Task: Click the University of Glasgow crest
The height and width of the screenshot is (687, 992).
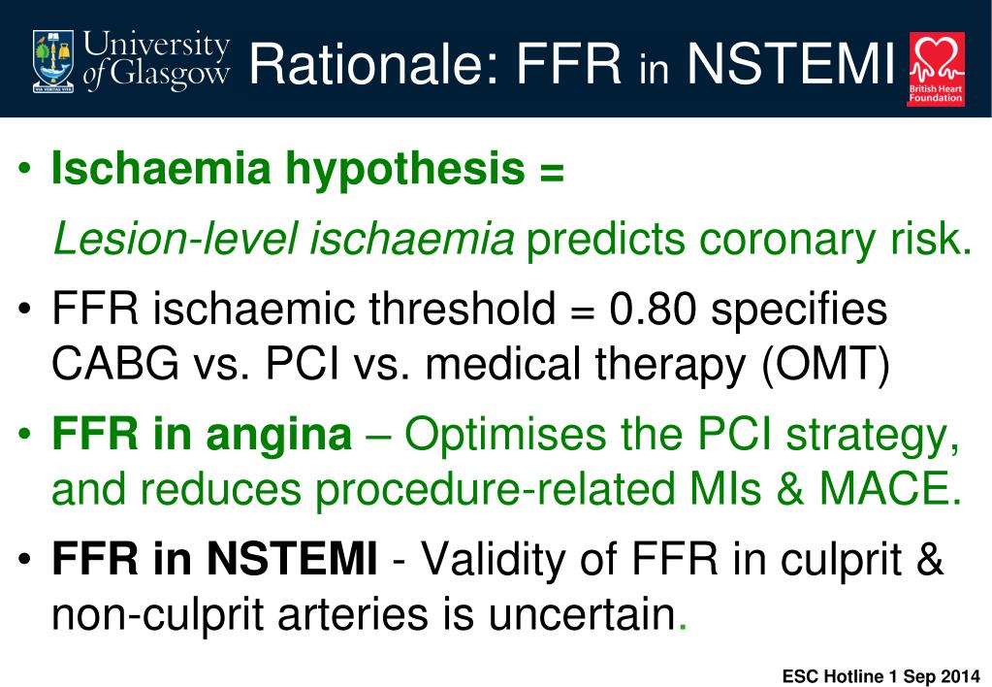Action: click(53, 60)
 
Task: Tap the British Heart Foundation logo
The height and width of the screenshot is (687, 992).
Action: click(935, 68)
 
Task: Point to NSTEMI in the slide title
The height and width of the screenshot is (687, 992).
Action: click(789, 62)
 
